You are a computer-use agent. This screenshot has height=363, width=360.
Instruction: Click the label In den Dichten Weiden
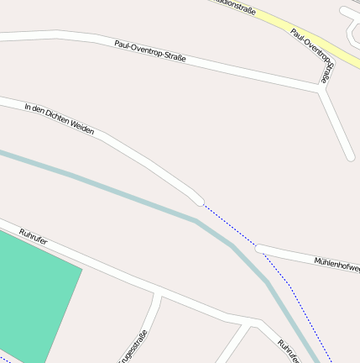click(x=60, y=119)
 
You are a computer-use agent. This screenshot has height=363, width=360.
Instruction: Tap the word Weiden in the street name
click(x=81, y=128)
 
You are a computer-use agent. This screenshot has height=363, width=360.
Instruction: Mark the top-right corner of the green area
click(x=81, y=269)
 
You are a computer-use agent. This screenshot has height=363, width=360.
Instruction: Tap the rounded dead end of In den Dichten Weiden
click(x=199, y=201)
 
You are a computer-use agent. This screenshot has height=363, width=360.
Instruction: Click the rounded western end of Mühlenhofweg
click(x=260, y=249)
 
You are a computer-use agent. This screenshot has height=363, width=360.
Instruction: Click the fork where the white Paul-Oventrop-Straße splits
click(x=321, y=88)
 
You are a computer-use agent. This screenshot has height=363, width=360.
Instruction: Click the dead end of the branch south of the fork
click(x=350, y=155)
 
